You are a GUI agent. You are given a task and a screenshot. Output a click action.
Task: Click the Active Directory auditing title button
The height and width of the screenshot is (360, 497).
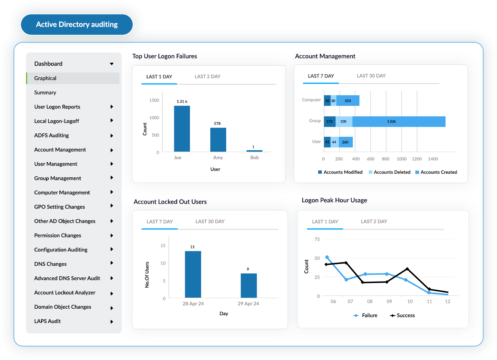tap(77, 25)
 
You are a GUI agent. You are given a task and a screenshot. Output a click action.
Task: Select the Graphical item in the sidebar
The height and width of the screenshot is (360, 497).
tap(45, 78)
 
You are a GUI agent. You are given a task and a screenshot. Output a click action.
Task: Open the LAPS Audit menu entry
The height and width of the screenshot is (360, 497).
tap(48, 321)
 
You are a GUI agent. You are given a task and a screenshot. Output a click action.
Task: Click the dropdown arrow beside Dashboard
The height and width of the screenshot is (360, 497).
tap(112, 64)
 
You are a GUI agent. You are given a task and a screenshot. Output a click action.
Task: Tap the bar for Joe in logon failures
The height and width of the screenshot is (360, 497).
tap(182, 129)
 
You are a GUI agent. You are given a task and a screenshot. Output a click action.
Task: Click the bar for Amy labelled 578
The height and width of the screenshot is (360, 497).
tap(218, 140)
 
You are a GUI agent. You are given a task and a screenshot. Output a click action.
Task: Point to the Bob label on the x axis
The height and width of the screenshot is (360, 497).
tap(255, 158)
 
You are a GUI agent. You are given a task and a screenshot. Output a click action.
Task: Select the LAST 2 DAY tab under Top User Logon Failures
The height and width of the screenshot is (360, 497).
tap(207, 77)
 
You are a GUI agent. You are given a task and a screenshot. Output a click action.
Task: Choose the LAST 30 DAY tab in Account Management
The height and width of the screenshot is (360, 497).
tap(371, 76)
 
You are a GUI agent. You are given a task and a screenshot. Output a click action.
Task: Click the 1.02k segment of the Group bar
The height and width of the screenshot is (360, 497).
tap(399, 122)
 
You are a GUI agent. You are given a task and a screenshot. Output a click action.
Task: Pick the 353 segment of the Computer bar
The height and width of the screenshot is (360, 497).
tap(348, 101)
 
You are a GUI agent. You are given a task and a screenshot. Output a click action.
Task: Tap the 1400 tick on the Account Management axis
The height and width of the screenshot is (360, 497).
tap(433, 159)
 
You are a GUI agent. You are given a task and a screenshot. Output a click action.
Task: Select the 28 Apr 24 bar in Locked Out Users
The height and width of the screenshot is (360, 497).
tap(193, 274)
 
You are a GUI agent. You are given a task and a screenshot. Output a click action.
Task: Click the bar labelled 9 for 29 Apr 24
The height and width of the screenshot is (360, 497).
tap(249, 285)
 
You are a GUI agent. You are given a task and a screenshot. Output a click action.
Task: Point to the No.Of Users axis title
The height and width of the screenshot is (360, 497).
tap(147, 275)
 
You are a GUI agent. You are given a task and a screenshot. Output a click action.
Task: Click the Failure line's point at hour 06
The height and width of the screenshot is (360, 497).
tap(327, 257)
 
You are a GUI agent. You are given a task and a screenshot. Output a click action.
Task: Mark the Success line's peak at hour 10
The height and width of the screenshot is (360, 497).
tap(407, 269)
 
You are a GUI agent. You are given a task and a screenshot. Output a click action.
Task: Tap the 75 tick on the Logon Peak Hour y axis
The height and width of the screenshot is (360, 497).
tap(317, 239)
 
